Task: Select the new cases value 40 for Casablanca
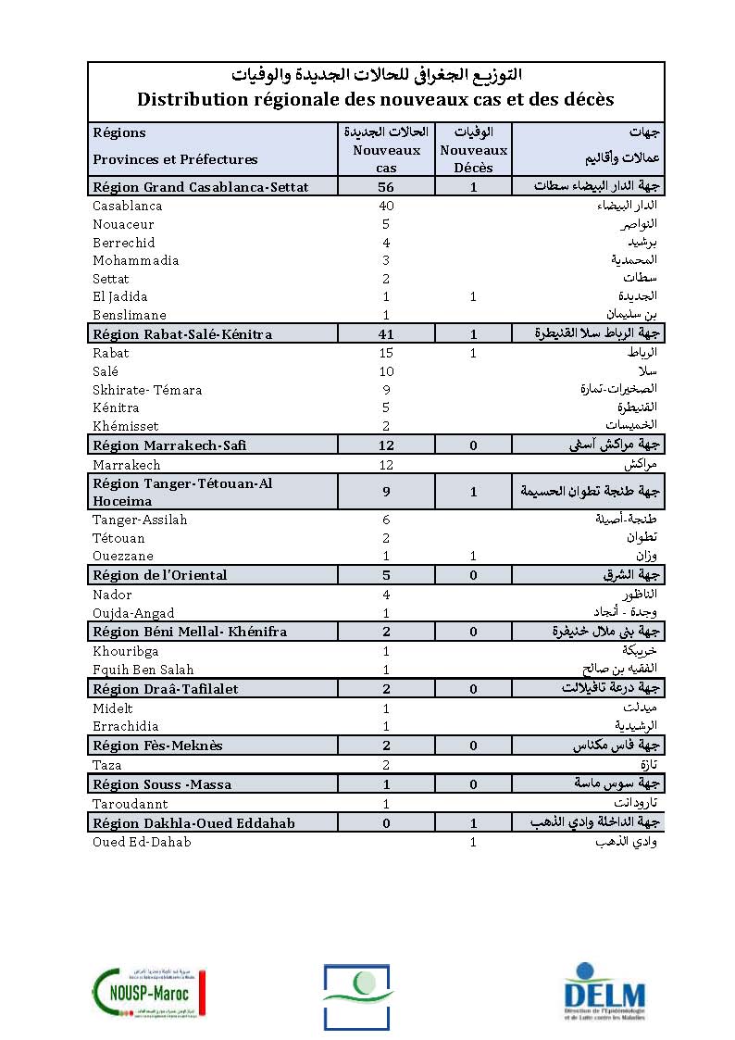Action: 386,206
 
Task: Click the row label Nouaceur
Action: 123,224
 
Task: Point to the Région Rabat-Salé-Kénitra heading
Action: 182,334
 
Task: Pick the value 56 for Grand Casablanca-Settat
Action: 386,187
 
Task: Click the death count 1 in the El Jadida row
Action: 473,296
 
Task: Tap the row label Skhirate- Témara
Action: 147,390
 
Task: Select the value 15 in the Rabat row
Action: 386,353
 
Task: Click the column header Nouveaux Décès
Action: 473,158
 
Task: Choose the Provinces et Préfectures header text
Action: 175,159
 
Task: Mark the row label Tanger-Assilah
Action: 140,520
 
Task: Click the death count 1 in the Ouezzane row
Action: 473,556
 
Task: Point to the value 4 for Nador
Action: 386,595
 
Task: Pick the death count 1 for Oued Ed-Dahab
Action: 473,842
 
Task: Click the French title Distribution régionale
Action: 376,99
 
